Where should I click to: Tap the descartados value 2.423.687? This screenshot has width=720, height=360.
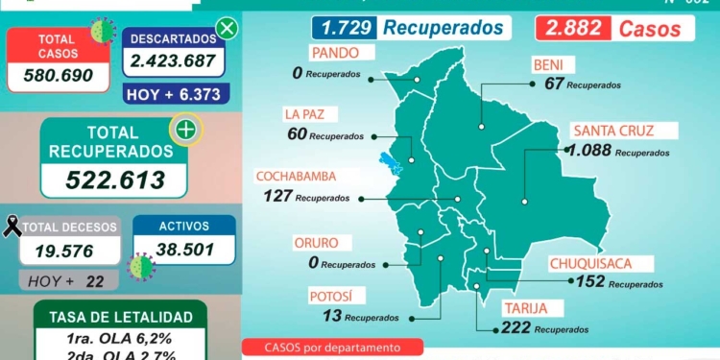click(x=174, y=64)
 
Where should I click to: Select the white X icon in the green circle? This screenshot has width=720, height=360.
click(x=227, y=29)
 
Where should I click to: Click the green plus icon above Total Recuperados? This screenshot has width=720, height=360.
click(x=185, y=128)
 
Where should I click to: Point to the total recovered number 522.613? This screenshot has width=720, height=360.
click(x=113, y=179)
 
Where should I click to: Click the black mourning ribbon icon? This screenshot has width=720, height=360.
click(x=13, y=227)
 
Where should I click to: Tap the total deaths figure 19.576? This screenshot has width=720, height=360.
click(x=69, y=251)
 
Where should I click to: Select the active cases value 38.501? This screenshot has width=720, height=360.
click(x=183, y=251)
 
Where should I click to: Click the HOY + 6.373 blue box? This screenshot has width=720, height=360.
click(x=174, y=94)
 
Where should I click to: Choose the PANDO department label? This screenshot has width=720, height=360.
click(x=333, y=52)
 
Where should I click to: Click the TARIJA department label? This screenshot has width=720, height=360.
click(x=525, y=308)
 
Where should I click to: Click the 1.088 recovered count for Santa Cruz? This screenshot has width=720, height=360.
click(x=588, y=151)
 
